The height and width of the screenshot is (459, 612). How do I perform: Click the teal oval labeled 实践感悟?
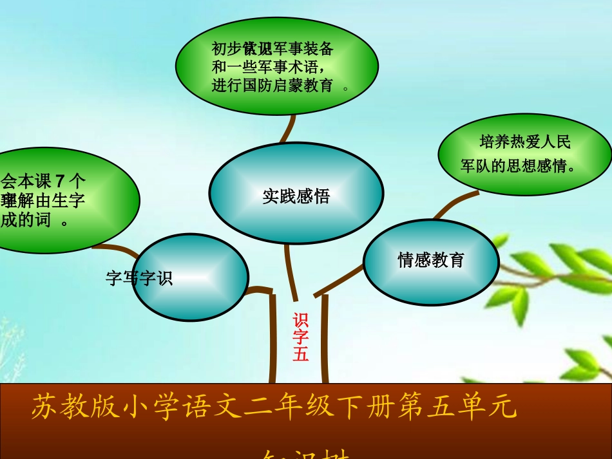(296, 195)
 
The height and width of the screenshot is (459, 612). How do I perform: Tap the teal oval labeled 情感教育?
(430, 260)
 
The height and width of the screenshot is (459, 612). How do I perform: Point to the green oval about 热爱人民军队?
(524, 155)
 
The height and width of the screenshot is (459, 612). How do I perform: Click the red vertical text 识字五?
(301, 337)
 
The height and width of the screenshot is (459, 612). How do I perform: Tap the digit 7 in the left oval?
(61, 180)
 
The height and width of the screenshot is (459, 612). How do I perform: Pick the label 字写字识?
(139, 279)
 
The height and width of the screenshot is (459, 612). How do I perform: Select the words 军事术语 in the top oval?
(287, 67)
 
